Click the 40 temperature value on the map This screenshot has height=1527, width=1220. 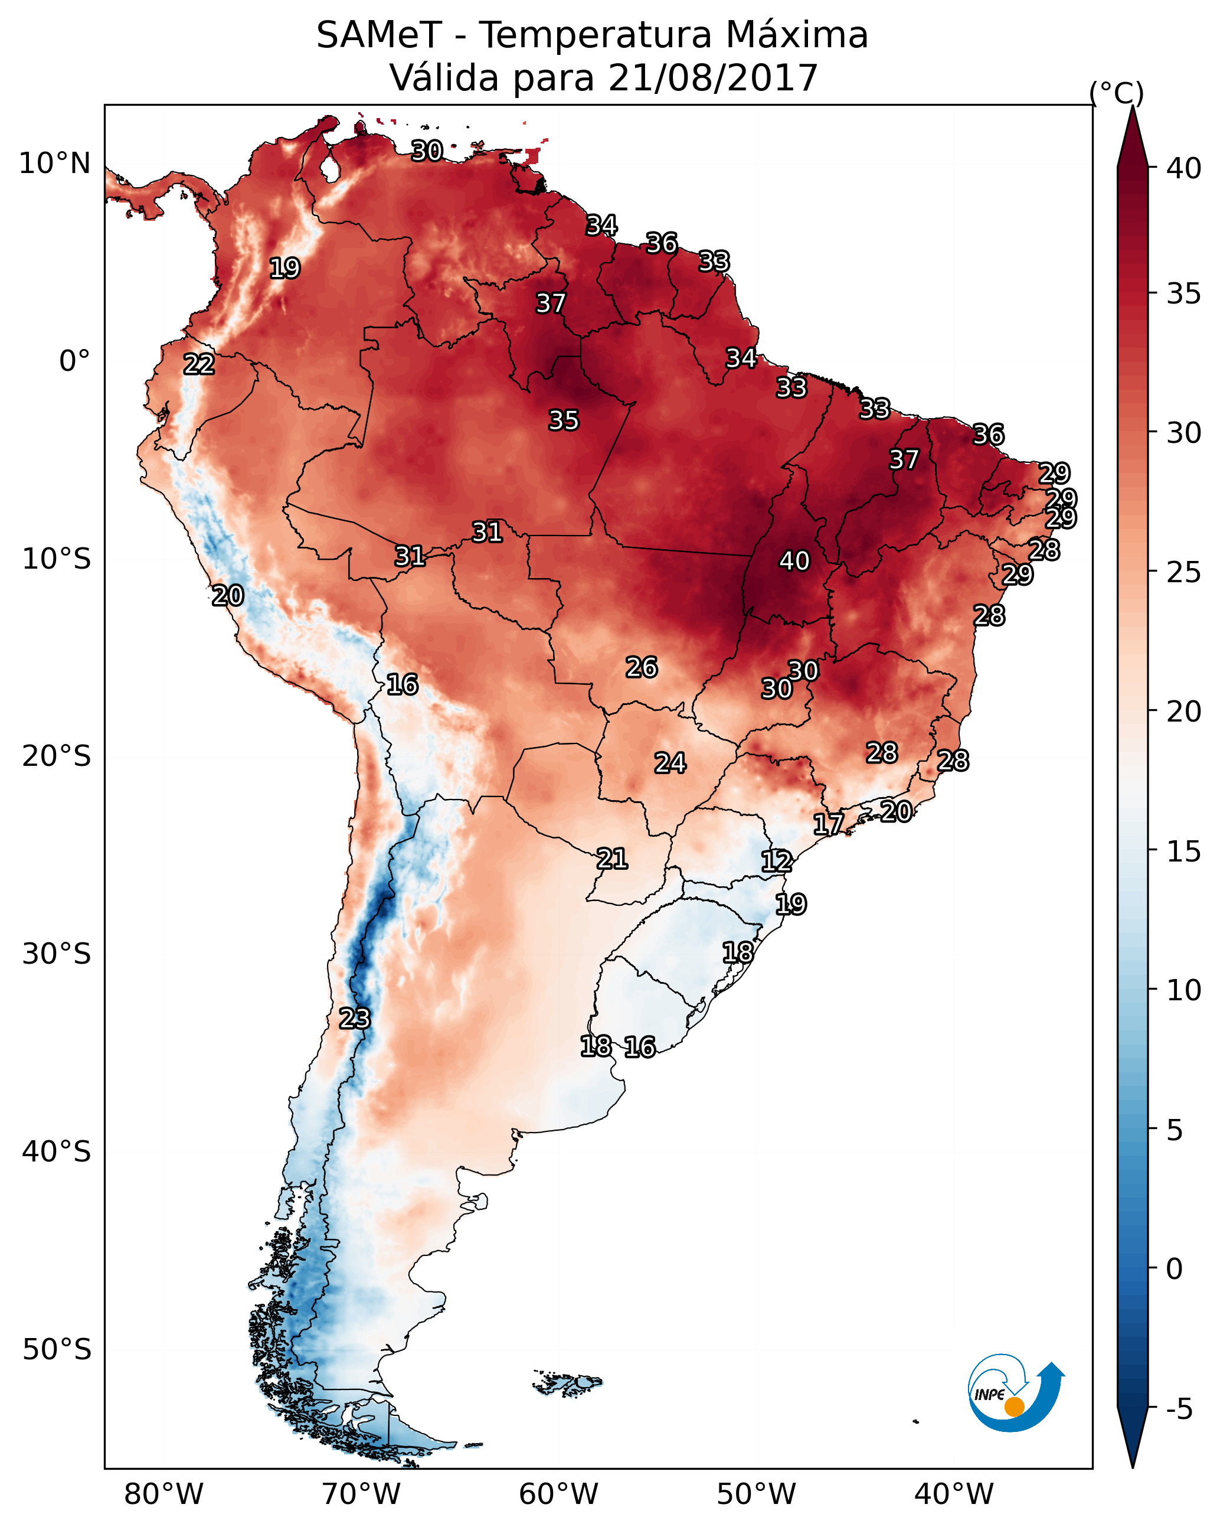coord(794,561)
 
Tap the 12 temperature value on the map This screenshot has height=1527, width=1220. coord(776,862)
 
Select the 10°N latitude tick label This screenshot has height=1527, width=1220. coord(54,164)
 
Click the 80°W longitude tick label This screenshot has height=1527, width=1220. coord(163,1494)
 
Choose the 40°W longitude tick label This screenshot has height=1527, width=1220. coord(954,1494)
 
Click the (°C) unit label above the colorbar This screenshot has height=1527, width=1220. coord(1117,92)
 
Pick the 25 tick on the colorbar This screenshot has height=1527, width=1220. coord(1184,572)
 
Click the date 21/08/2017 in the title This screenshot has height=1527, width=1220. coord(712,78)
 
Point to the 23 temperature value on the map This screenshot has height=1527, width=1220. coord(354,1019)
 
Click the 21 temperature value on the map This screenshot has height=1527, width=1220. coord(611,859)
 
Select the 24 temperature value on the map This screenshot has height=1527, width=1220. coord(669,763)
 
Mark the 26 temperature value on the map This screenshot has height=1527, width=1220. coord(641,667)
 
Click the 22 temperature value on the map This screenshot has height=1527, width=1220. coord(199,365)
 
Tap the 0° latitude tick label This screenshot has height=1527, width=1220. coord(74,361)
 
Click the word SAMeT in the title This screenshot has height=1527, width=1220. coord(379,35)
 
